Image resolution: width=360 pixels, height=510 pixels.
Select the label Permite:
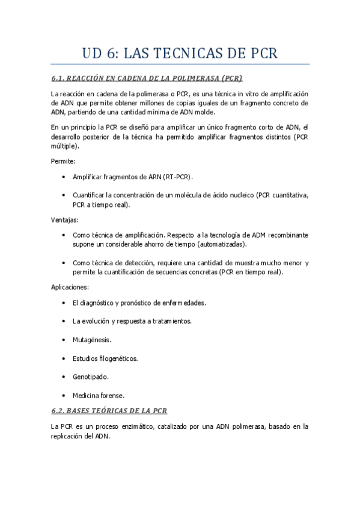point(63,161)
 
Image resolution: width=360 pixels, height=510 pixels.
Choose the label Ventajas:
point(65,220)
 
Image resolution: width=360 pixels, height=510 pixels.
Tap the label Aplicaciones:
point(70,287)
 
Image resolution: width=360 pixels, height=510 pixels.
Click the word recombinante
point(285,235)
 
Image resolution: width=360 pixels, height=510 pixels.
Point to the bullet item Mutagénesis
point(91,340)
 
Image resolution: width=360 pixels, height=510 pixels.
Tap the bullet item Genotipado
point(90,376)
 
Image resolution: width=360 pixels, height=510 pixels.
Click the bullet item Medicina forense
point(98,395)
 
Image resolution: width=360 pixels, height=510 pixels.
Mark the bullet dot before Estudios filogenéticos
point(64,358)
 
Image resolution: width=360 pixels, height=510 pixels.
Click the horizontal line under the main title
point(180,64)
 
